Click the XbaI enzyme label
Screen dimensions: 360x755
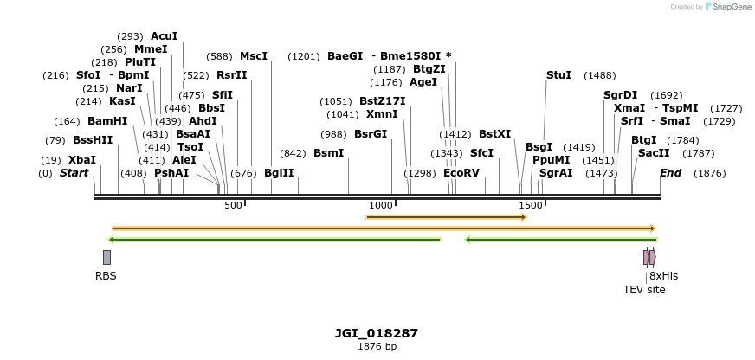click(x=82, y=160)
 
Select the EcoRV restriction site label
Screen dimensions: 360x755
click(x=461, y=173)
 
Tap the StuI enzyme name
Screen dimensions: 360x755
click(x=558, y=75)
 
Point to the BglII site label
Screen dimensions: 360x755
click(x=279, y=173)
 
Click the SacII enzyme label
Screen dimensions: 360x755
click(x=654, y=153)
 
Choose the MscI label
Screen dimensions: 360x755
click(x=254, y=56)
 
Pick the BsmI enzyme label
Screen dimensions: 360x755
click(x=328, y=153)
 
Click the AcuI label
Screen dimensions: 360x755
click(x=164, y=36)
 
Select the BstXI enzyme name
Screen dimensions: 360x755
click(x=494, y=134)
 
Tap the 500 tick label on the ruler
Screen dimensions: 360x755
click(x=233, y=205)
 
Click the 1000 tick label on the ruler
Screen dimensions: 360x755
click(x=381, y=205)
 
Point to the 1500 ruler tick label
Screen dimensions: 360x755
click(x=531, y=205)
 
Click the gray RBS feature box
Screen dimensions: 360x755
click(x=106, y=257)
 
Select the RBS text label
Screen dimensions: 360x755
click(x=106, y=276)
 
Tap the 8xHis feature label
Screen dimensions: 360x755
click(x=663, y=276)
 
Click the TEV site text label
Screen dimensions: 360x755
click(x=644, y=290)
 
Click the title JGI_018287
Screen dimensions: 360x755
click(x=377, y=333)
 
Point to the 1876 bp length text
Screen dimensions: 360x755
click(x=377, y=346)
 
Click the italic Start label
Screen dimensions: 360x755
click(x=74, y=173)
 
